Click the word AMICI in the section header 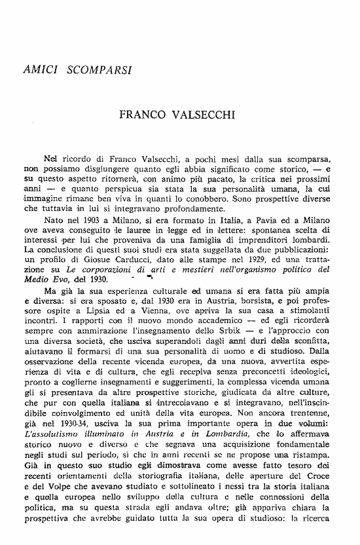[40, 68]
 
